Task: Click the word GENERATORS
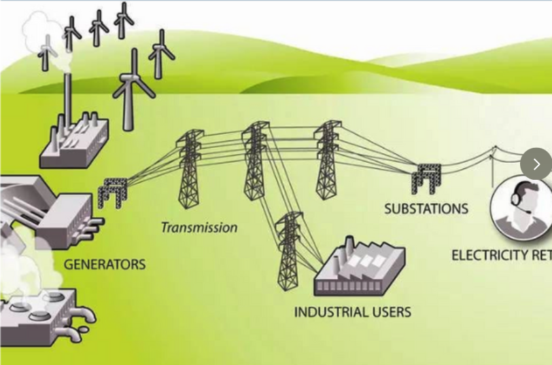click(105, 264)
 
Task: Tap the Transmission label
click(199, 227)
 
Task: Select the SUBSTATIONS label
click(426, 208)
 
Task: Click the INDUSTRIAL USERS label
click(352, 312)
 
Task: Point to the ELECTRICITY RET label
click(502, 255)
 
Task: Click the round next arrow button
click(536, 164)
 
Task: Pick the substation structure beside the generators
click(114, 192)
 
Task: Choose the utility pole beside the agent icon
click(494, 166)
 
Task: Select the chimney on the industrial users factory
click(348, 246)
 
